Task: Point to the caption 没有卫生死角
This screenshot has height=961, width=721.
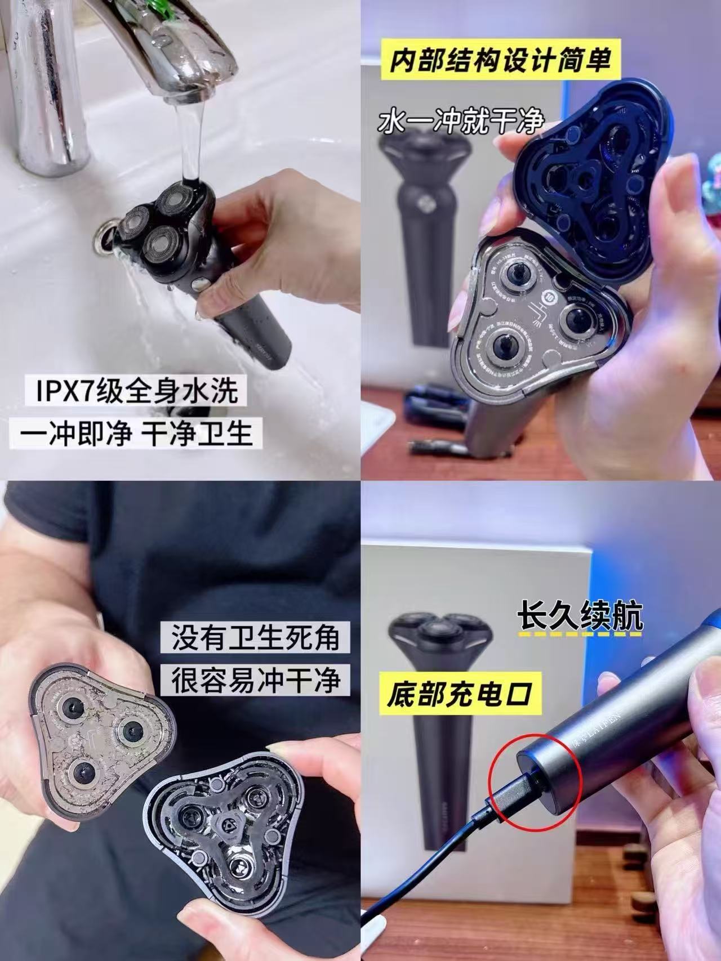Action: point(255,638)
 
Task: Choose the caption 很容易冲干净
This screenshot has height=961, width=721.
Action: point(255,680)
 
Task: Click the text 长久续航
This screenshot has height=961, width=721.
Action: point(580,618)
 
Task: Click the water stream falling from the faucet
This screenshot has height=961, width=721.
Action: point(185,141)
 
